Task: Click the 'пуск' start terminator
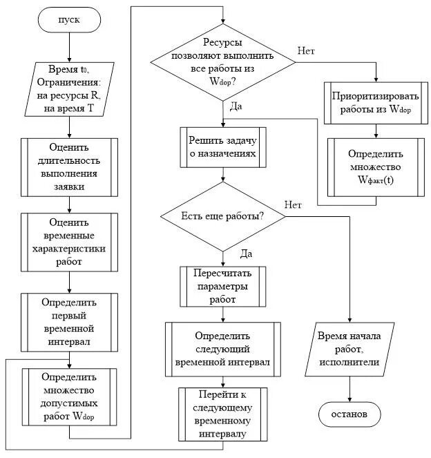pos(69,19)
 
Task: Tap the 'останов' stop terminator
pos(349,414)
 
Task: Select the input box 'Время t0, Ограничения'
pos(69,89)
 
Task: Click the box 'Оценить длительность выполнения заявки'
pos(69,167)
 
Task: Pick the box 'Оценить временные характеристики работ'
pos(69,242)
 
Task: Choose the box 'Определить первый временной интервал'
pos(69,322)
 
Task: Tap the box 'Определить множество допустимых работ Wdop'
pos(69,397)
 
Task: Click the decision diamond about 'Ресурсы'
pos(223,62)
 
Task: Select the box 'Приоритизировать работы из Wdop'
pos(376,103)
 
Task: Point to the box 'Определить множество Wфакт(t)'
pos(376,167)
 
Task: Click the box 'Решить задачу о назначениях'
pos(223,147)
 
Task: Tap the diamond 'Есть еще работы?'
pos(223,216)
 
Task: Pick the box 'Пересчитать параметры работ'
pos(223,286)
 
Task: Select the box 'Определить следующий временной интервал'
pos(223,349)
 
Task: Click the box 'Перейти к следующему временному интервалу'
pos(223,414)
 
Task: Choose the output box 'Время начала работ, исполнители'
pos(349,349)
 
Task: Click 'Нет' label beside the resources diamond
pos(306,51)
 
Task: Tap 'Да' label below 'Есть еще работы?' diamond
pos(246,254)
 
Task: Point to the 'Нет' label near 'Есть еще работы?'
pos(293,204)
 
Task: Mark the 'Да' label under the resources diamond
pos(236,106)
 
